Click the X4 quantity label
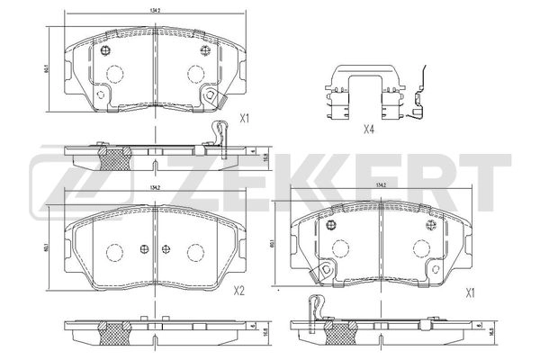click(x=368, y=130)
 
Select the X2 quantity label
click(x=238, y=290)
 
